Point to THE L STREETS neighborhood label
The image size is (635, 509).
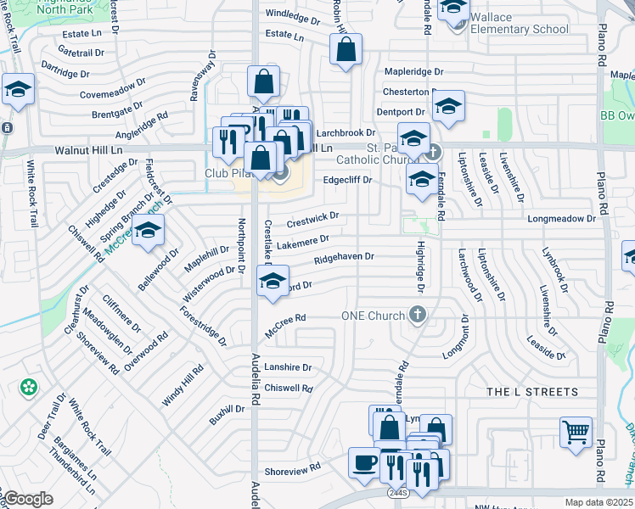[532, 393]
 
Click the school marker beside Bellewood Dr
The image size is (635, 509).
[149, 231]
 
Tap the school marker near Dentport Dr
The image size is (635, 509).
[447, 107]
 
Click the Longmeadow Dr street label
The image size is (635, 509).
[562, 219]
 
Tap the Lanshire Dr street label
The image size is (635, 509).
[288, 368]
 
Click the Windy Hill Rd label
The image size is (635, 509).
[183, 386]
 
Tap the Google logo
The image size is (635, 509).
[27, 499]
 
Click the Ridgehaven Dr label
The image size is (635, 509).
[344, 259]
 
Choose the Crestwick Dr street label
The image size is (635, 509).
[312, 220]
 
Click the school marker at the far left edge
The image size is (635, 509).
[17, 90]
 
